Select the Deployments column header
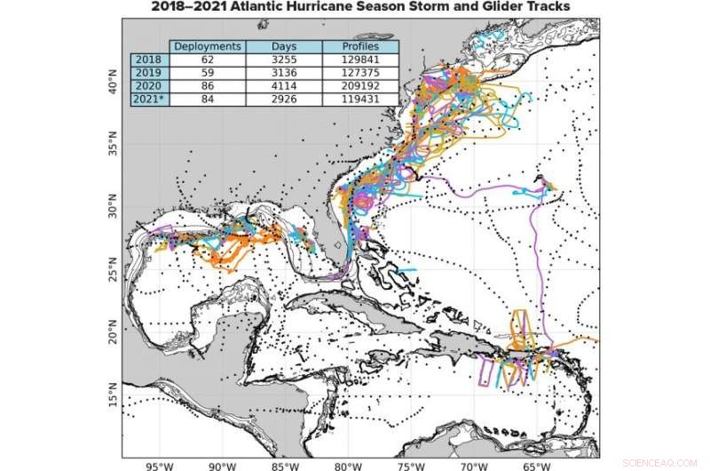click(207, 46)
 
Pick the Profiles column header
click(359, 46)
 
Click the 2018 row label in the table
click(148, 60)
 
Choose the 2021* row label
click(149, 99)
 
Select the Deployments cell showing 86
click(207, 85)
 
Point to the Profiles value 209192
click(359, 85)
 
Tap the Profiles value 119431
click(359, 99)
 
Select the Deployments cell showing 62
click(207, 60)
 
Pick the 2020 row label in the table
click(148, 85)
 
